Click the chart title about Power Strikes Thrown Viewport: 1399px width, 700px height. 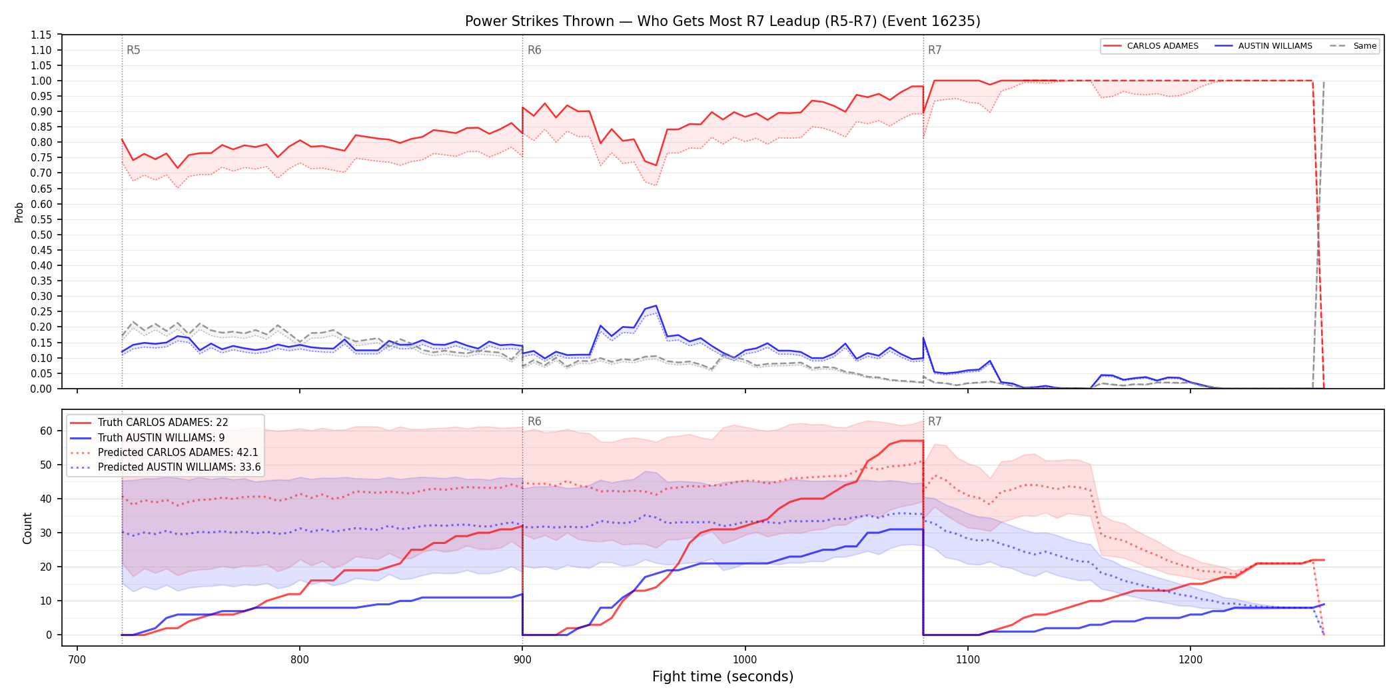(x=723, y=21)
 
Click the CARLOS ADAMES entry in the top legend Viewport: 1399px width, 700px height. (x=1163, y=46)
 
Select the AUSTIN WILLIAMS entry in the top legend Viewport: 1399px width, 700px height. (x=1275, y=46)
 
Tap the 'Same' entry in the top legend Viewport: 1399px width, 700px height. (x=1365, y=46)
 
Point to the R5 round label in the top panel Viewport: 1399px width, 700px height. (x=133, y=50)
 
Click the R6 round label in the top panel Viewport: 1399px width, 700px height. (x=534, y=50)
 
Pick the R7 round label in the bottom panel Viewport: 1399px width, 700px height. (x=935, y=421)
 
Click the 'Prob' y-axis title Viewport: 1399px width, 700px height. (x=19, y=212)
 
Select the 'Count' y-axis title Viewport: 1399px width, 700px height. (x=27, y=528)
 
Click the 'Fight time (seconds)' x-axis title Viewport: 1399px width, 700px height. (x=723, y=677)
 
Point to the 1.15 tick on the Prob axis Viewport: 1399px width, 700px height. (x=41, y=35)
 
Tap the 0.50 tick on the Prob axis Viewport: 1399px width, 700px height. (x=41, y=235)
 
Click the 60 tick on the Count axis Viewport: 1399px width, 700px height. (x=46, y=431)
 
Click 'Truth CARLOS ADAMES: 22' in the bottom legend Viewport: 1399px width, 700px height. (x=163, y=423)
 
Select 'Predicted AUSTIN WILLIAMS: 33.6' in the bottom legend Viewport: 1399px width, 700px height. (x=179, y=467)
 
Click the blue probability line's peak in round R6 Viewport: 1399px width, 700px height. (x=656, y=305)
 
